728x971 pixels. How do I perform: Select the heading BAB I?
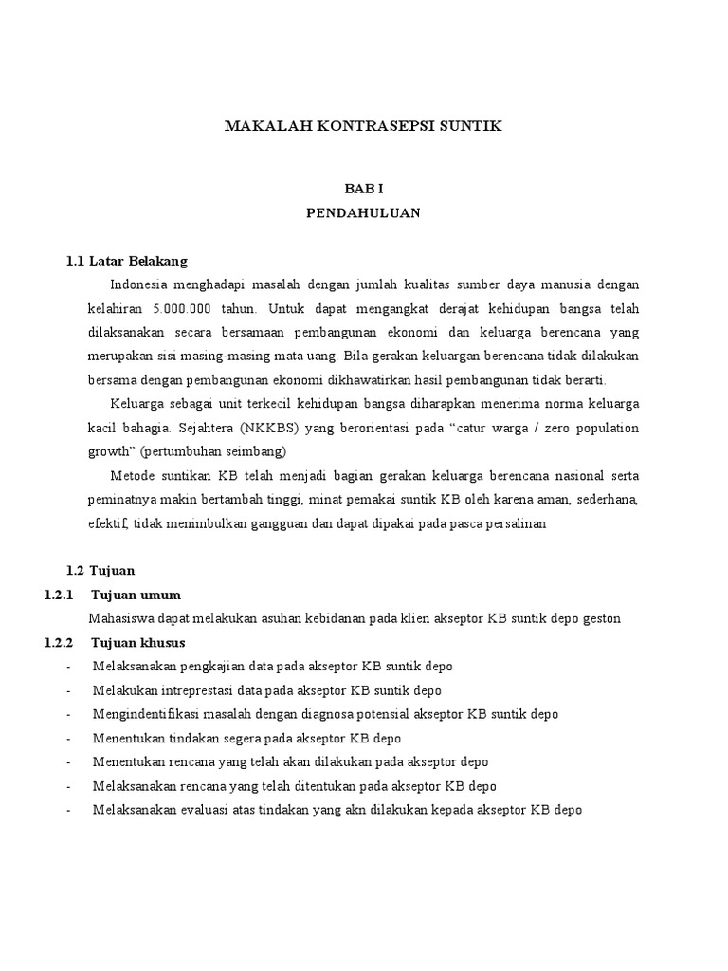(363, 190)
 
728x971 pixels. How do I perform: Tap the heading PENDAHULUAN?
(363, 213)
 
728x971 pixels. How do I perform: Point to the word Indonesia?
(141, 284)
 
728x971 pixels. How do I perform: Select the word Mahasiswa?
(122, 618)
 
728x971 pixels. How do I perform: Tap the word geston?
(597, 618)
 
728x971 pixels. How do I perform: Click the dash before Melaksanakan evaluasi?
(69, 810)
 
